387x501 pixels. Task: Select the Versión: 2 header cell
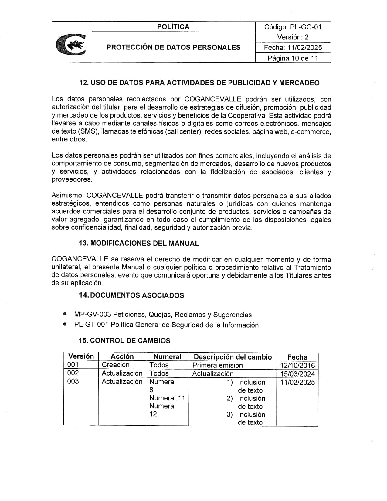[x=293, y=37]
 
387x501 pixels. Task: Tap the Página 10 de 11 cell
[x=293, y=58]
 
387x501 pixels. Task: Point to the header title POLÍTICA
[x=173, y=27]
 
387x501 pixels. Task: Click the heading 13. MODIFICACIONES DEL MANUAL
[x=139, y=243]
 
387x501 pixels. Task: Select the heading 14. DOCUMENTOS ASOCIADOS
[x=131, y=295]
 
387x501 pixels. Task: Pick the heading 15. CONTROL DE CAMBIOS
[x=124, y=340]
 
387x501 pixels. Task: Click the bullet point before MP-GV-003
[x=65, y=314]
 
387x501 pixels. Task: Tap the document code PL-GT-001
[x=91, y=325]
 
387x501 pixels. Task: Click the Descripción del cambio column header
[x=233, y=357]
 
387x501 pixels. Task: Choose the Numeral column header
[x=167, y=357]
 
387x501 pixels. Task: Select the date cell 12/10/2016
[x=297, y=365]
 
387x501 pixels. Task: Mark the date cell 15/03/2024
[x=297, y=374]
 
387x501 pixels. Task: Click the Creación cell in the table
[x=116, y=365]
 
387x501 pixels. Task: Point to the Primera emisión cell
[x=218, y=365]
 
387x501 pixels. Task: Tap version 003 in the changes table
[x=73, y=381]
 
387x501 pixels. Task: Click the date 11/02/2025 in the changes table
[x=297, y=382]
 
